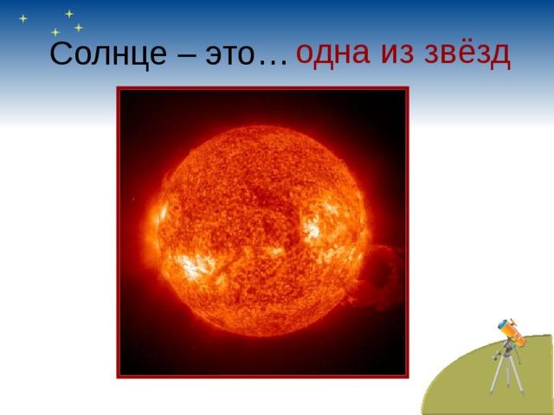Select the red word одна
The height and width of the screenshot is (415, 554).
pos(329,53)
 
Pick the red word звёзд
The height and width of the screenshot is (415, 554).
pos(467,53)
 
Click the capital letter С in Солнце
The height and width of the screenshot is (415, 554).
pos(60,54)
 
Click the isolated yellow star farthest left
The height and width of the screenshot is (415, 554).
pos(23,18)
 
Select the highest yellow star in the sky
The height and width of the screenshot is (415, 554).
pos(68,13)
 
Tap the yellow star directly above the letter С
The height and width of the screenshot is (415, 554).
pos(55,32)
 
